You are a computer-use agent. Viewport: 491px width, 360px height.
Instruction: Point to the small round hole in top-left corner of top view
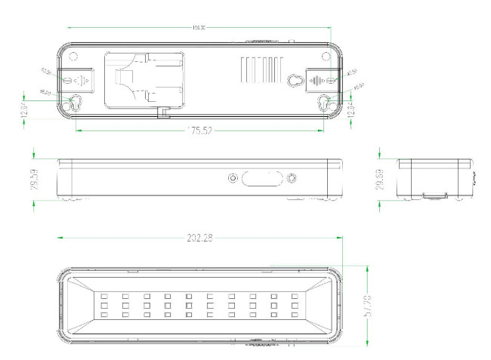[x=73, y=55]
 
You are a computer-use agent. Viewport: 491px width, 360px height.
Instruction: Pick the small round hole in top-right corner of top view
[x=326, y=55]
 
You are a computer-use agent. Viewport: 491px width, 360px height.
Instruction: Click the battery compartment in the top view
[x=141, y=78]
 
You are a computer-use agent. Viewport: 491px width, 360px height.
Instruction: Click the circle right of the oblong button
[x=291, y=178]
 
